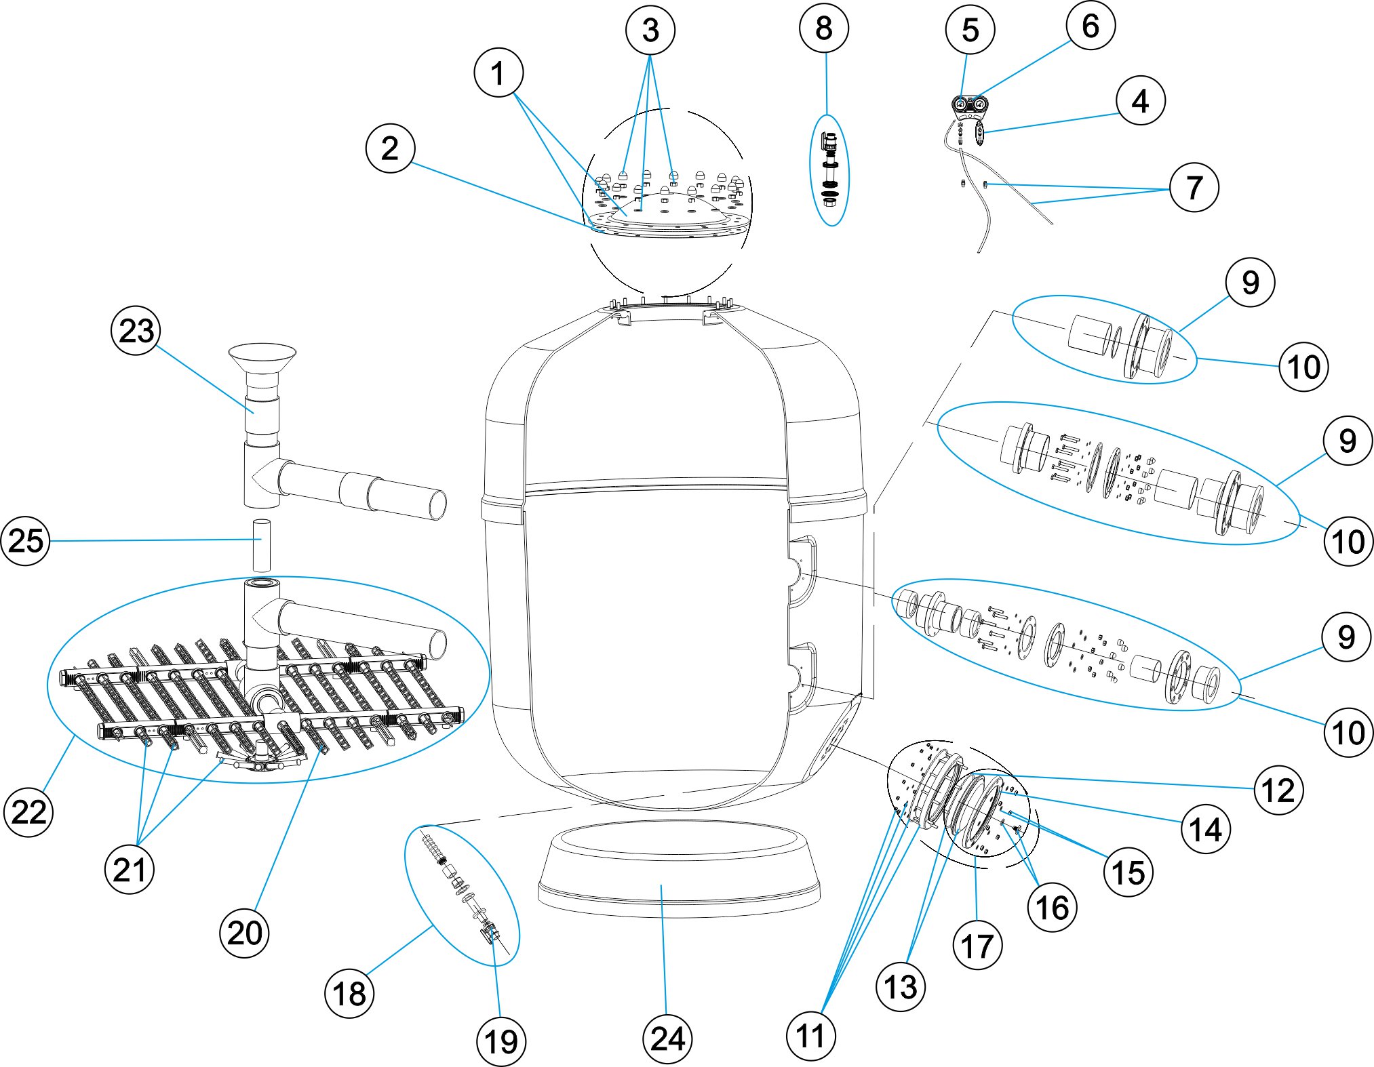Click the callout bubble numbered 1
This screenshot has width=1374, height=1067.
[x=498, y=73]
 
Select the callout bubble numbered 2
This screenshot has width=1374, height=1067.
[x=390, y=148]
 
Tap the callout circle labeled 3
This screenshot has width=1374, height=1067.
[x=650, y=30]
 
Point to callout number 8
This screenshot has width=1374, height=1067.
[x=823, y=28]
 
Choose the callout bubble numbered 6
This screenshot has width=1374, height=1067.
[x=1090, y=26]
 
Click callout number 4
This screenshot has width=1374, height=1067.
[x=1140, y=100]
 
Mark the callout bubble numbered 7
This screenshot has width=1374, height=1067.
[x=1194, y=187]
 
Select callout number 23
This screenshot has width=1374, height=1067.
[x=136, y=331]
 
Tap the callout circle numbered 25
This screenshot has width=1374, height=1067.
[x=26, y=540]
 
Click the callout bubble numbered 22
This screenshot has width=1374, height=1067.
[x=28, y=811]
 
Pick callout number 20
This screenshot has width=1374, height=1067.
[x=244, y=933]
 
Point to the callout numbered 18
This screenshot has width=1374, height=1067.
[x=349, y=994]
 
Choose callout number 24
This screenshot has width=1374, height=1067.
[x=667, y=1039]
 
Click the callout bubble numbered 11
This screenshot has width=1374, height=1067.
[x=810, y=1036]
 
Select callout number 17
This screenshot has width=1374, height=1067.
[x=977, y=946]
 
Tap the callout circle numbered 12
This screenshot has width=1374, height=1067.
[x=1278, y=790]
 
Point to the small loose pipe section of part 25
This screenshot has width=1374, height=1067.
[x=262, y=545]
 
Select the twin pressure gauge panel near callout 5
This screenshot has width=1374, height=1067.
[x=970, y=104]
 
